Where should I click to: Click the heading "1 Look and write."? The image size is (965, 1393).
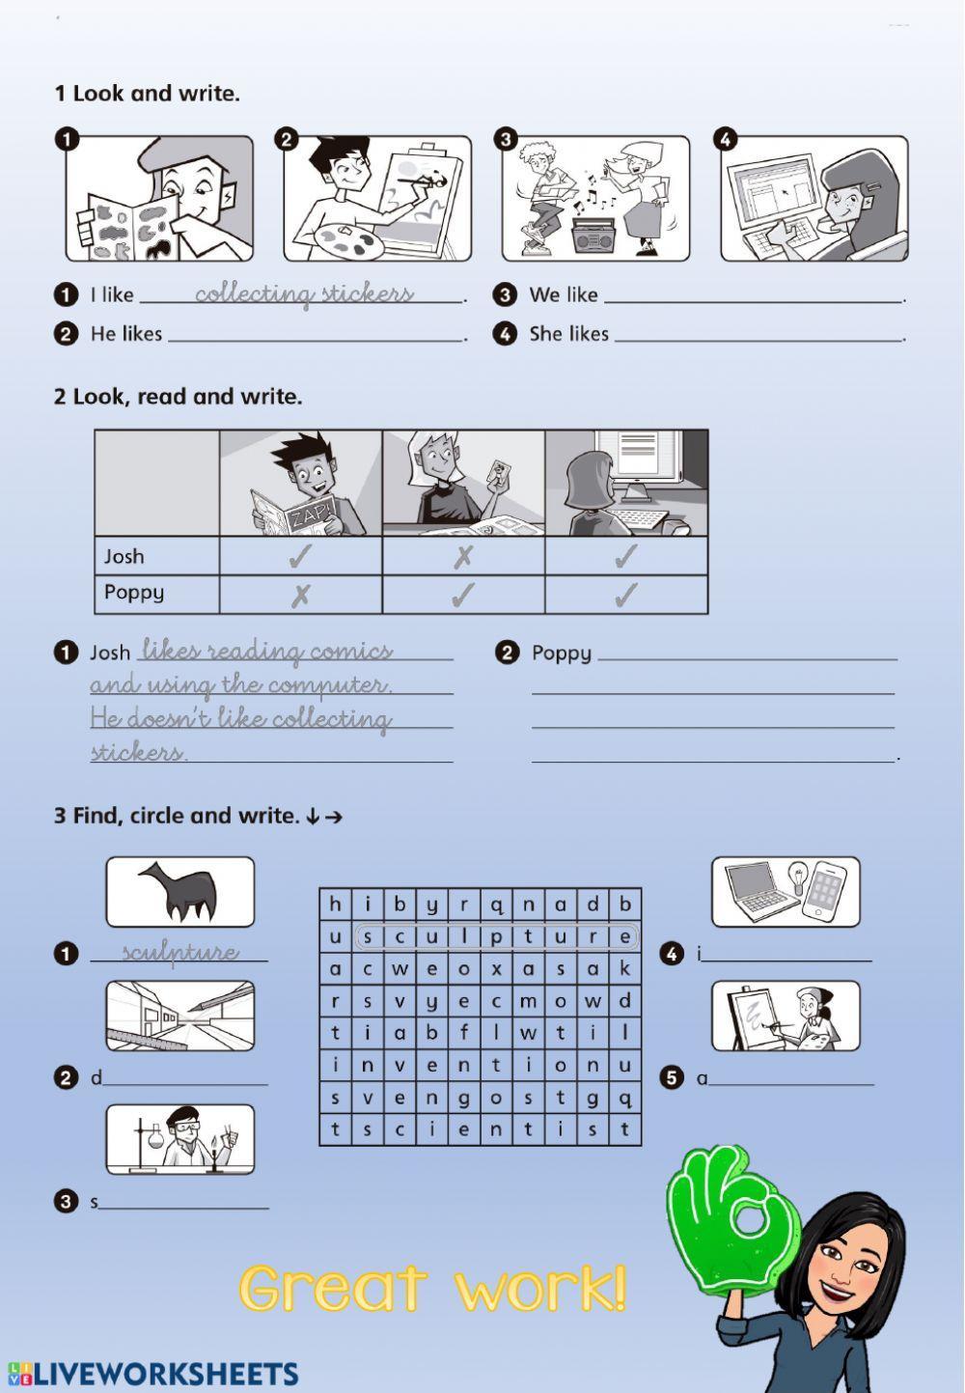click(147, 94)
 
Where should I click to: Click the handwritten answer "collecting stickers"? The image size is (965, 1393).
click(304, 293)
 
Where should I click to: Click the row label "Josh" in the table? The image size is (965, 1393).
click(124, 556)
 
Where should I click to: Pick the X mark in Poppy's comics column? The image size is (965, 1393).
click(301, 595)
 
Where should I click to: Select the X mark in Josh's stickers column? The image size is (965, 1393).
click(463, 557)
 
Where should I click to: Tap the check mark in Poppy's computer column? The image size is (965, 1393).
click(626, 595)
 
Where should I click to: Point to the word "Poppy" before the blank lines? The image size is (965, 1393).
click(561, 653)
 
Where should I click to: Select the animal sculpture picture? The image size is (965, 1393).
click(180, 892)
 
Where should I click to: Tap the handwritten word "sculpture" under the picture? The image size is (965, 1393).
click(180, 952)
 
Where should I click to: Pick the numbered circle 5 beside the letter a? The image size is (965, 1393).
click(672, 1077)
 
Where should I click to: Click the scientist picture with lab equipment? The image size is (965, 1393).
click(180, 1139)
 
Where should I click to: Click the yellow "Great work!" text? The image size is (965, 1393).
click(432, 1288)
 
